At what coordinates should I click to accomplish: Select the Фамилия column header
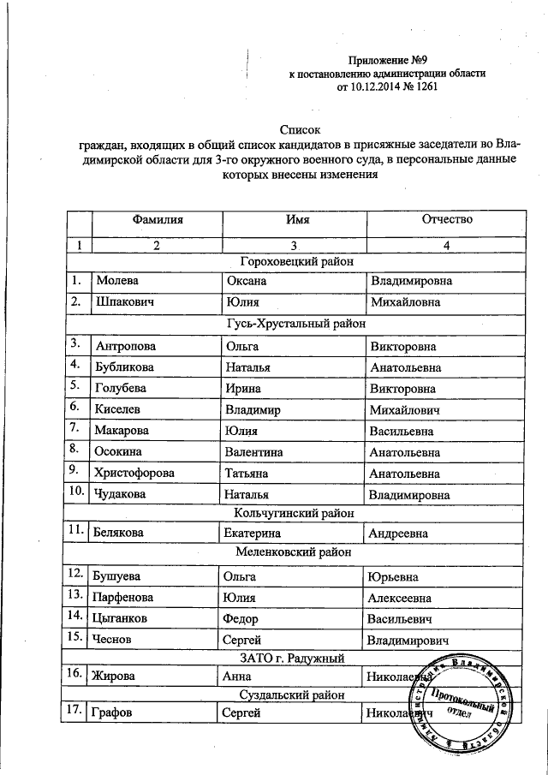click(x=157, y=220)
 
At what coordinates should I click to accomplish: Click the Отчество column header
click(x=446, y=220)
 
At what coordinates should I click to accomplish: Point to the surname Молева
click(x=117, y=281)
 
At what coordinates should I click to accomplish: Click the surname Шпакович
click(x=125, y=302)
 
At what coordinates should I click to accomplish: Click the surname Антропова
click(x=126, y=347)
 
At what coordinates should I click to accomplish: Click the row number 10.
click(x=77, y=492)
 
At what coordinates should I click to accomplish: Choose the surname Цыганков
click(x=126, y=617)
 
